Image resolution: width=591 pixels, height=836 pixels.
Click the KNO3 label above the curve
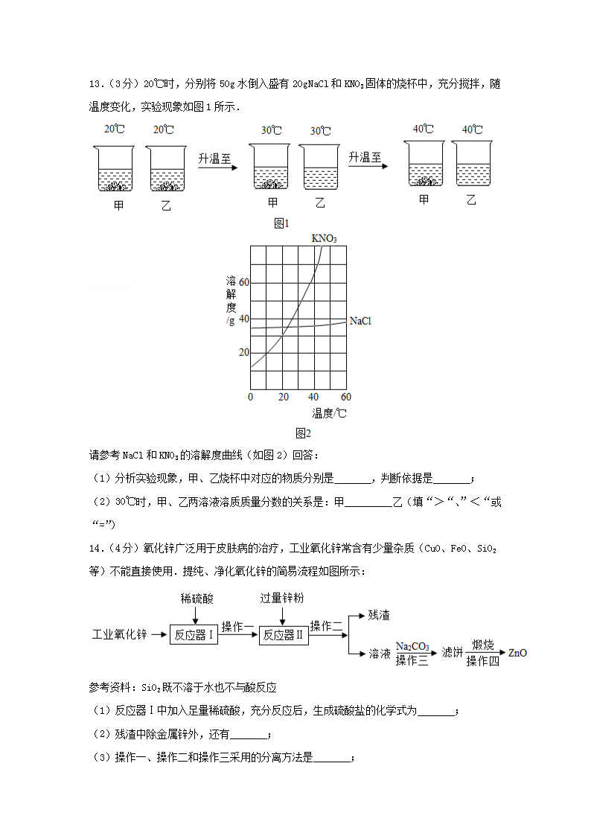pos(324,239)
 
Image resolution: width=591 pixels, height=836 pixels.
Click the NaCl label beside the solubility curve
pos(360,321)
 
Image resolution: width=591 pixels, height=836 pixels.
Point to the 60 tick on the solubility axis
pos(243,283)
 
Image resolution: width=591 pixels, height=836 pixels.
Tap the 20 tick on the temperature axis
pos(283,397)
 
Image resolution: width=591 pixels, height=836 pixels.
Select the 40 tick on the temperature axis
pos(315,397)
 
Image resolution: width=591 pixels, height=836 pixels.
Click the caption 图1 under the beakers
pos(281,223)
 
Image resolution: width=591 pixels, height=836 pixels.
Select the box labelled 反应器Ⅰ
pos(194,635)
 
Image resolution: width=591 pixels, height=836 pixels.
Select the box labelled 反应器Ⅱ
pos(283,635)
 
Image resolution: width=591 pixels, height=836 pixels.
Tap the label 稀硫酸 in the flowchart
pos(195,599)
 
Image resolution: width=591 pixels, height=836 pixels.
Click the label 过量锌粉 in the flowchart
pos(282,599)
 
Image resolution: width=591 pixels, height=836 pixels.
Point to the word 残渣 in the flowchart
pos(379,616)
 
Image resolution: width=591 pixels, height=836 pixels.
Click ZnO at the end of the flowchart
pos(517,653)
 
